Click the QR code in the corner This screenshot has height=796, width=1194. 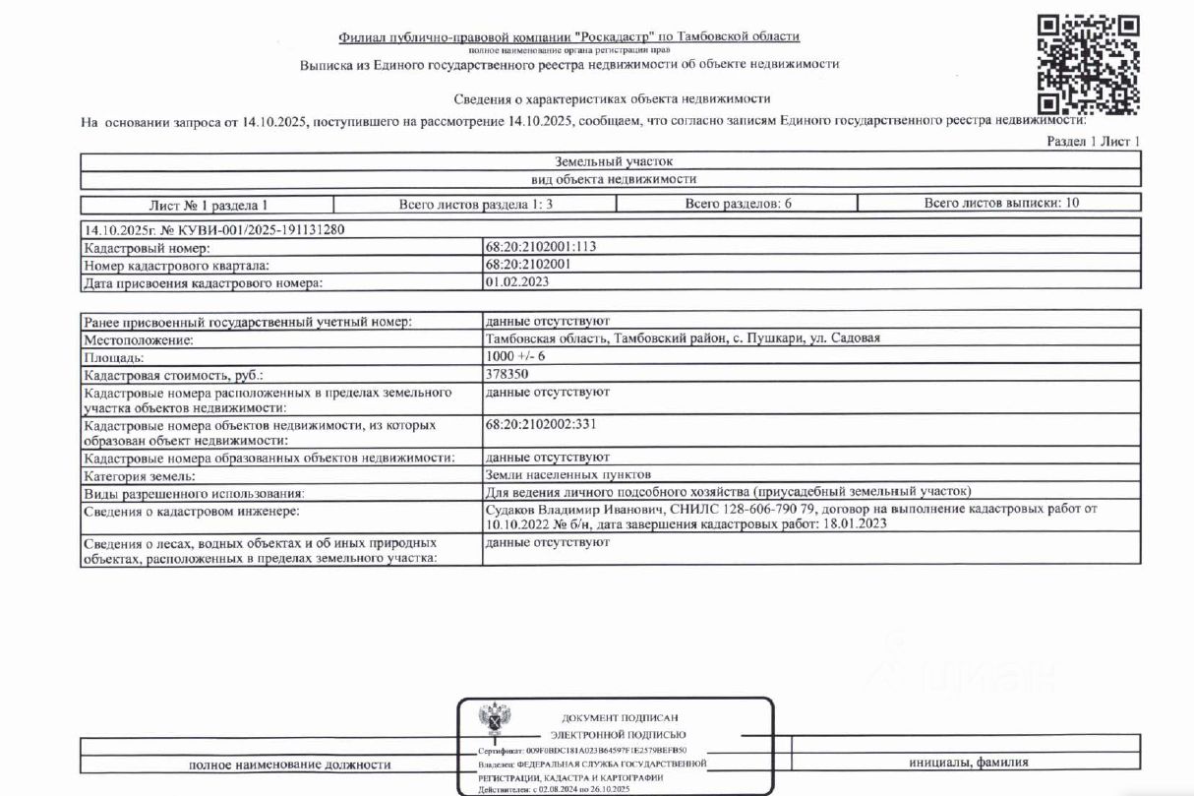click(x=1089, y=65)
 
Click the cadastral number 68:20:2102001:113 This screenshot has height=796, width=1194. click(x=541, y=248)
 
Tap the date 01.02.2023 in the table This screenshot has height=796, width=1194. click(x=516, y=281)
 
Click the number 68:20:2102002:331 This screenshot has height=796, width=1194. click(x=541, y=425)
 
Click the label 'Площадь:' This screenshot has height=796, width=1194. click(x=115, y=357)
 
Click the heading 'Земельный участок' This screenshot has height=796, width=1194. click(x=610, y=161)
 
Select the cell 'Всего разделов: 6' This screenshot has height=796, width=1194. click(x=737, y=204)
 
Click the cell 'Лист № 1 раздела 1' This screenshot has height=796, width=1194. click(x=208, y=205)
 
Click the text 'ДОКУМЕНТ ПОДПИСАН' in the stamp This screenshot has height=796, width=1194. click(x=620, y=717)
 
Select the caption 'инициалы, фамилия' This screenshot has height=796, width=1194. click(x=969, y=763)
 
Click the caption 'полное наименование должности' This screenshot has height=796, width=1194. click(x=289, y=765)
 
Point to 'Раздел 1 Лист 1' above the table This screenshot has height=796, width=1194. click(x=1094, y=143)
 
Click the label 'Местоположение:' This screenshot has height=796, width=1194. click(x=139, y=339)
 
